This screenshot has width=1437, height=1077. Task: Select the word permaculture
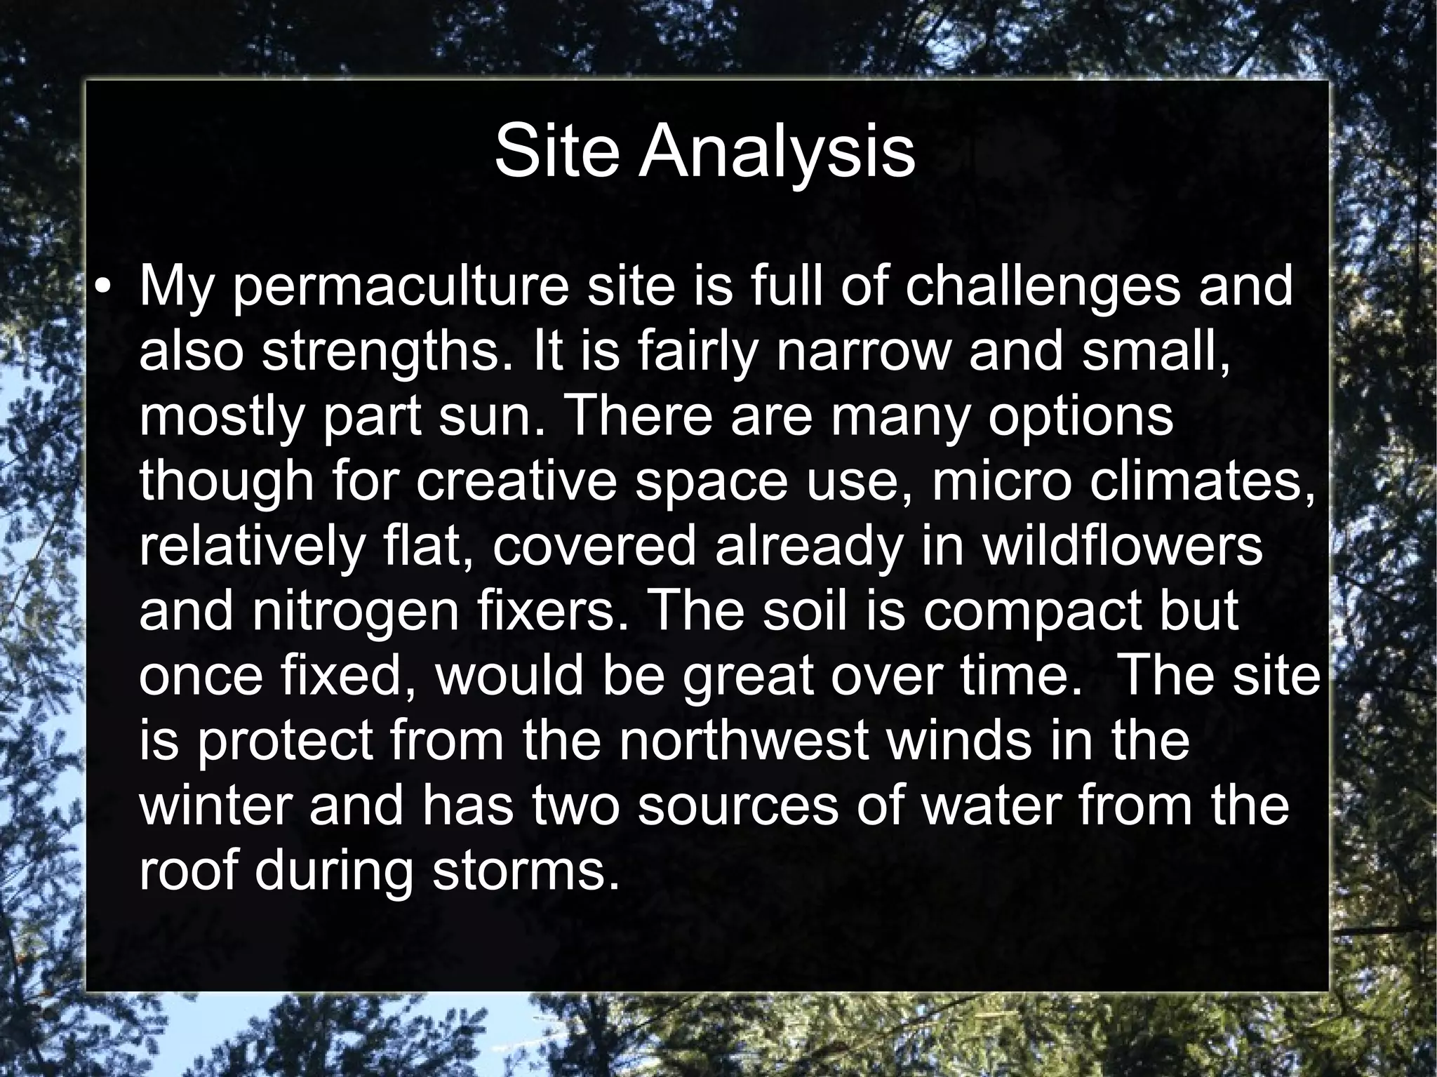click(x=400, y=288)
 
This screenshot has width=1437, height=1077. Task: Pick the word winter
click(x=216, y=805)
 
